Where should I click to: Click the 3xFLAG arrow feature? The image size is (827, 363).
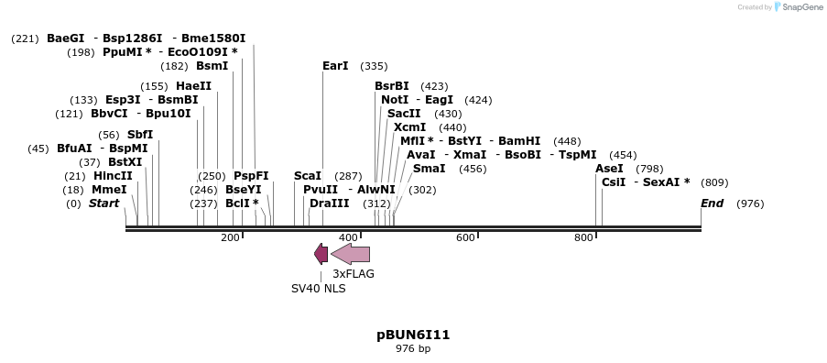(351, 254)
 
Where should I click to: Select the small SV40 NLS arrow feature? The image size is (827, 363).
(321, 254)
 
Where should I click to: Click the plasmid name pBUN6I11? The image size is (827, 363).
(413, 335)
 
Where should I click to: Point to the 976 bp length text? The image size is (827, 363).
(413, 349)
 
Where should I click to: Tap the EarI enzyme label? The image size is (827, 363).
(335, 66)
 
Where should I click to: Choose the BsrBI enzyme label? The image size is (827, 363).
(392, 86)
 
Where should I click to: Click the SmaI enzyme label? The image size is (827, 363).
(429, 169)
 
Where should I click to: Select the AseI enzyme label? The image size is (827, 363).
(609, 169)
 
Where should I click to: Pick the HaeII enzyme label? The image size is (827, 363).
(194, 86)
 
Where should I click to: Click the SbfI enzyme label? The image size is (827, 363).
(140, 135)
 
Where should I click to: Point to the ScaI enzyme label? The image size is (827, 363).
(308, 175)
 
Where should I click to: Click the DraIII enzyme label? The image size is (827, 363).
(329, 203)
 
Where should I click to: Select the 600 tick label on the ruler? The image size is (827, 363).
(465, 237)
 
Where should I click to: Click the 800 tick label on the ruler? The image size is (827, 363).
(583, 237)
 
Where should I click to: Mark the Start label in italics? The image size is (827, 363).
(103, 203)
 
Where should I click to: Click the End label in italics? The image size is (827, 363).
(713, 203)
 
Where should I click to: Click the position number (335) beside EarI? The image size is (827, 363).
(374, 66)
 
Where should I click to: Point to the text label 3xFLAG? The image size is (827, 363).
(354, 273)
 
